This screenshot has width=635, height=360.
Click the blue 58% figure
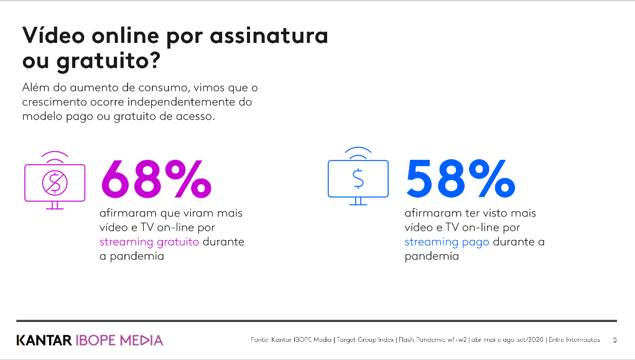[x=460, y=178]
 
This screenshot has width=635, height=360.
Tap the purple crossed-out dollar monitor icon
[x=55, y=180]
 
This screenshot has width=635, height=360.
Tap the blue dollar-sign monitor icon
[x=358, y=177]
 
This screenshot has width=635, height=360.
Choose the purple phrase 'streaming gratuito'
[x=149, y=242]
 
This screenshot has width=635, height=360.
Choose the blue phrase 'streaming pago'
[x=447, y=242]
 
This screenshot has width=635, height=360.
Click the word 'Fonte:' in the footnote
[x=260, y=340]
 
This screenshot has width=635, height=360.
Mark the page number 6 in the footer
[x=614, y=340]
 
